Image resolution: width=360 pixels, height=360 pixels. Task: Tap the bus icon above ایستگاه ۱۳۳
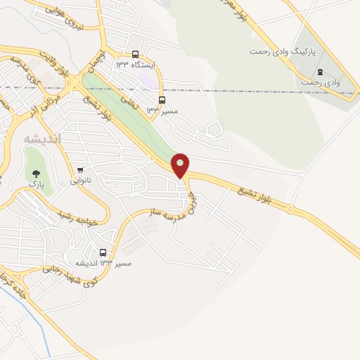(x=135, y=54)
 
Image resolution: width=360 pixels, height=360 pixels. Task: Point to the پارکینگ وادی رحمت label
(x=283, y=52)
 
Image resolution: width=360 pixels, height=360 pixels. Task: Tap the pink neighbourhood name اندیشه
(x=43, y=139)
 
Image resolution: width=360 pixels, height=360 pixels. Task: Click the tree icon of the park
(x=32, y=172)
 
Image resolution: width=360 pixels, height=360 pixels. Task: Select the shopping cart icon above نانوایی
(x=81, y=169)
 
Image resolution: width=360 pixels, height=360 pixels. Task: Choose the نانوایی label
(x=79, y=181)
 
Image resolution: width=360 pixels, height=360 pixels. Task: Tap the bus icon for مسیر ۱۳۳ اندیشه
(x=103, y=252)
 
